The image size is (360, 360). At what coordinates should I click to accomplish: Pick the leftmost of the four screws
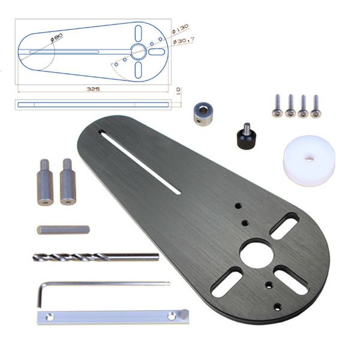coord(277,105)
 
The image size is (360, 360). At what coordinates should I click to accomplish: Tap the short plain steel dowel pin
coord(63,230)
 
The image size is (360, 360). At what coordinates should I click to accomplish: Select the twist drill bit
coord(96,257)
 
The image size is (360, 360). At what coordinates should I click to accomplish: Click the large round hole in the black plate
coord(256,252)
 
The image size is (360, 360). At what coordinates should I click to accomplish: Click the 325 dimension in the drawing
coord(93,88)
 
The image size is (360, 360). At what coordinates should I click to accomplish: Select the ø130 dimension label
coord(180,28)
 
